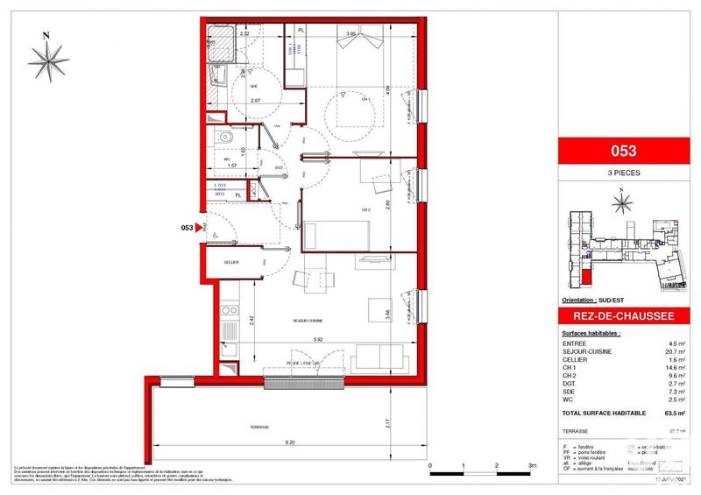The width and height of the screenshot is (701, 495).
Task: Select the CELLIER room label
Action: (231, 261)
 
